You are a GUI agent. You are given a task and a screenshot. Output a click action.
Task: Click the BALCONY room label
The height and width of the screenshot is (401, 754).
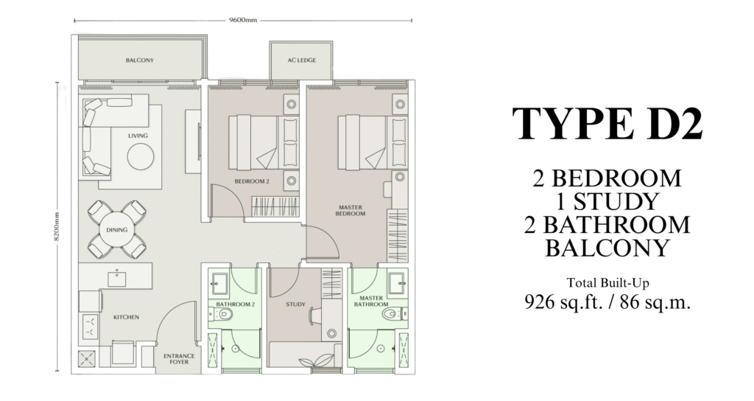click(139, 60)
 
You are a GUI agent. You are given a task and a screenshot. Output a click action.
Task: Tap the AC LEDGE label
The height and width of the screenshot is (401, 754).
click(301, 60)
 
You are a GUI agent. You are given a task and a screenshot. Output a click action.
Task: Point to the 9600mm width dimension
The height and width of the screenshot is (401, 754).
click(243, 20)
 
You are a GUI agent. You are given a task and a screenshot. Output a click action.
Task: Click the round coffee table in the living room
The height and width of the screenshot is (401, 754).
click(141, 156)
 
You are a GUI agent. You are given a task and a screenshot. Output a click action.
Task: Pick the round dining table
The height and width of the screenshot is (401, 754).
click(117, 230)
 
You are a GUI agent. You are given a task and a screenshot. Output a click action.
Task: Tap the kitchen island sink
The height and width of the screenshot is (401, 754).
click(116, 279)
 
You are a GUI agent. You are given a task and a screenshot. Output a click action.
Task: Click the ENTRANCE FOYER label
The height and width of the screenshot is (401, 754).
click(179, 359)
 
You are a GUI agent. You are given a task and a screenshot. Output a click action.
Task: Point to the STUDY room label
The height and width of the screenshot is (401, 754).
click(295, 304)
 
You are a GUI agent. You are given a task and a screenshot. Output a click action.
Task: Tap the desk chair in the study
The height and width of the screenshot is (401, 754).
click(312, 315)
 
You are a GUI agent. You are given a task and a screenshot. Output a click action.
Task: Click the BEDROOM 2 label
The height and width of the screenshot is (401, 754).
click(252, 181)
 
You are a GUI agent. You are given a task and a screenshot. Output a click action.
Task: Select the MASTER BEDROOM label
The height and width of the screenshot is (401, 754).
click(350, 210)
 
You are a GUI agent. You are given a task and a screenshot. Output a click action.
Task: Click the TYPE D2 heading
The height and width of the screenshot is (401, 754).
click(607, 123)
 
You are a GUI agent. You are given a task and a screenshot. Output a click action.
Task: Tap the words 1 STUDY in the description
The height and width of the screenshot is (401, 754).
click(607, 201)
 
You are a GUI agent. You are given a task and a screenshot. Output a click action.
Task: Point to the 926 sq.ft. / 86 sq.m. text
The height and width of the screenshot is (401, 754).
click(607, 301)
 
